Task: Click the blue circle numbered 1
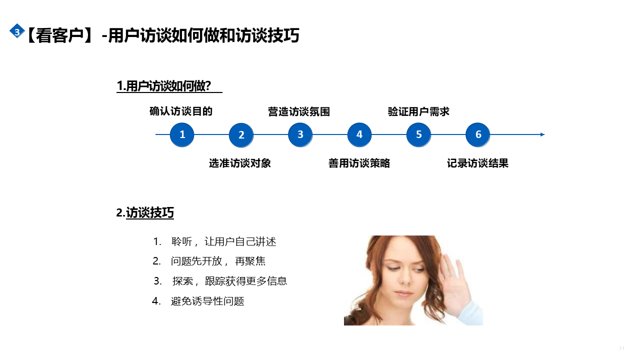click(x=182, y=134)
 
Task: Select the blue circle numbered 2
click(x=241, y=135)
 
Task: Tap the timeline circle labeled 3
click(x=300, y=134)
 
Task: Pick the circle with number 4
click(x=359, y=134)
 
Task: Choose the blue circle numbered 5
click(x=418, y=134)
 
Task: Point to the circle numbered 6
click(x=477, y=134)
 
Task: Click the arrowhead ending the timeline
click(x=542, y=134)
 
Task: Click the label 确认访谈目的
click(x=181, y=111)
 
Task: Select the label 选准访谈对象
click(x=240, y=163)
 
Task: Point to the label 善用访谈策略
click(x=359, y=163)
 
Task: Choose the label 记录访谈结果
click(x=477, y=163)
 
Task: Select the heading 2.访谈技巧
click(x=145, y=213)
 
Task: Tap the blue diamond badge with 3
click(x=17, y=31)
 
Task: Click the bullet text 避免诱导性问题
click(x=207, y=301)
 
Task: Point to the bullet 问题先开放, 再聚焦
click(x=218, y=261)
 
